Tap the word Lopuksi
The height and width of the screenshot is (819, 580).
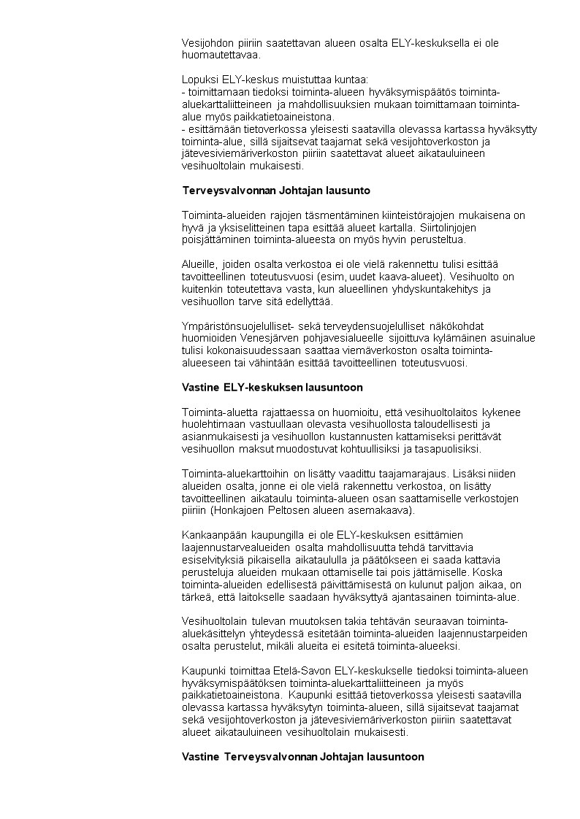(198, 79)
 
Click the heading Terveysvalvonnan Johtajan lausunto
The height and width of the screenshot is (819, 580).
(276, 191)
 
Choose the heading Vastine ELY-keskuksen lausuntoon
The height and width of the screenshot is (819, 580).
(272, 387)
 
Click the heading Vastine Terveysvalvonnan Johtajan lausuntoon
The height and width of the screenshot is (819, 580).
(302, 757)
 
